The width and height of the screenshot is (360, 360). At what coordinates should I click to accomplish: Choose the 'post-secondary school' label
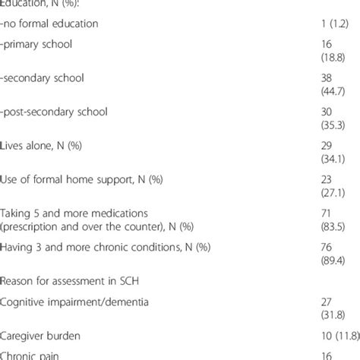(54, 112)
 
